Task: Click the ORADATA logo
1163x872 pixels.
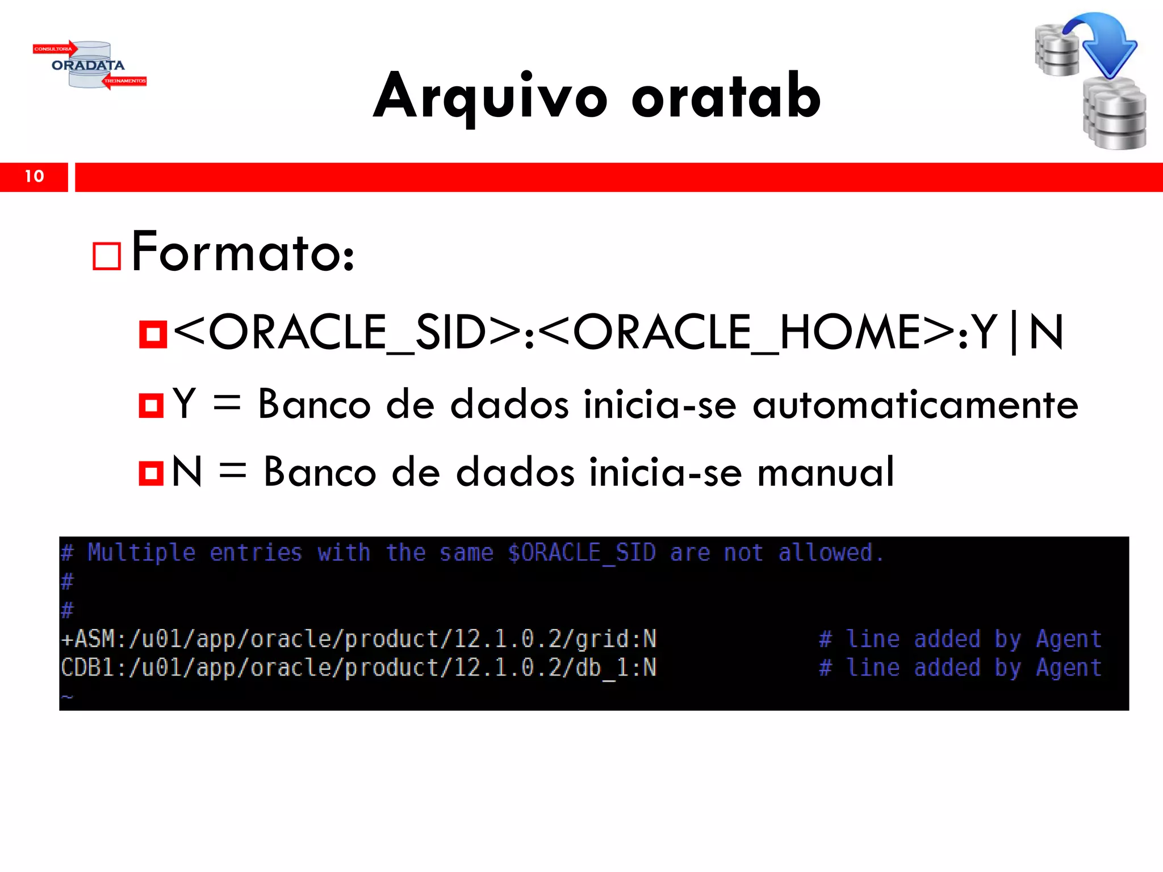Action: (x=89, y=65)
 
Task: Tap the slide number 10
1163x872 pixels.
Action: (x=34, y=177)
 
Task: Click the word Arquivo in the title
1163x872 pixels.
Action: (x=491, y=97)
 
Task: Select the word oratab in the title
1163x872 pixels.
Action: (x=726, y=97)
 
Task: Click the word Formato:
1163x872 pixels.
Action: (x=243, y=252)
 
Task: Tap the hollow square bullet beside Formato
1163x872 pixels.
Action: (x=107, y=256)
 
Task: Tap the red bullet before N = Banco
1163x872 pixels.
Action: (x=151, y=473)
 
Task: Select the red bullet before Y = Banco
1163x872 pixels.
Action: (x=151, y=405)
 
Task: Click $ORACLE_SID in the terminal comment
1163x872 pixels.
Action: (x=581, y=553)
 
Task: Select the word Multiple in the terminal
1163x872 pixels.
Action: (x=141, y=553)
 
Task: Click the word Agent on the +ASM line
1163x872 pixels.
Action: (x=1068, y=639)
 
